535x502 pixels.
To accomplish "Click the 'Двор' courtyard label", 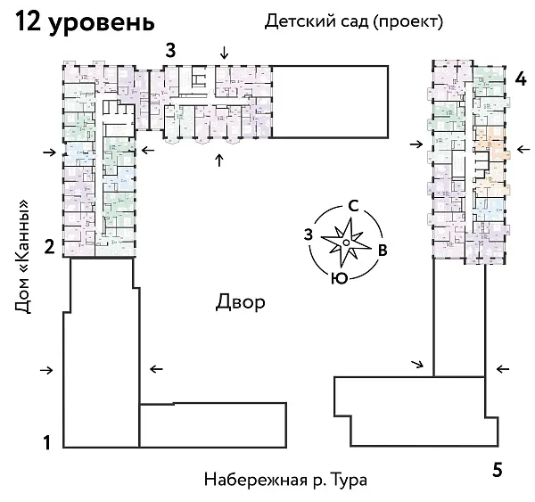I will coord(240,302).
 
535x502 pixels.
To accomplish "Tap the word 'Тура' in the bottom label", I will coord(348,479).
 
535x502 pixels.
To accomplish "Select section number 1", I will coord(50,441).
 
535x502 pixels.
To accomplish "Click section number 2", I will coord(51,247).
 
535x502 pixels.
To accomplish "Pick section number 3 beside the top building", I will coord(169,50).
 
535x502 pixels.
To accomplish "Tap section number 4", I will coord(521,78).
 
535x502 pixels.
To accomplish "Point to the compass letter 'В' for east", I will coord(382,250).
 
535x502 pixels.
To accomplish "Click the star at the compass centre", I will coord(343,242).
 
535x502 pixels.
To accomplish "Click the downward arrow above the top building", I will coord(224,51).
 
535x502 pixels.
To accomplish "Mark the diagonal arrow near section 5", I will coord(417,364).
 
